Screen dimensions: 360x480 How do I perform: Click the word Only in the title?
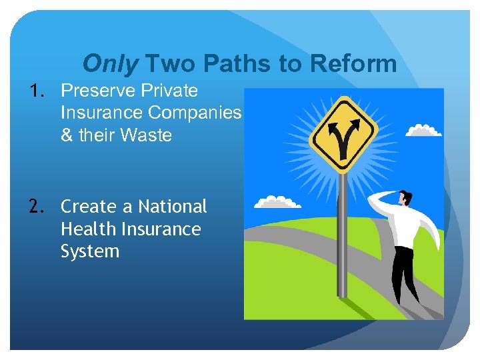click(x=111, y=64)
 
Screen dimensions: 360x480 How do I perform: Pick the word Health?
click(x=87, y=229)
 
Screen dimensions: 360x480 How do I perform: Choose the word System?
click(x=90, y=252)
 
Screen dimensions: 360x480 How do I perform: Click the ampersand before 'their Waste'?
click(x=67, y=135)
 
